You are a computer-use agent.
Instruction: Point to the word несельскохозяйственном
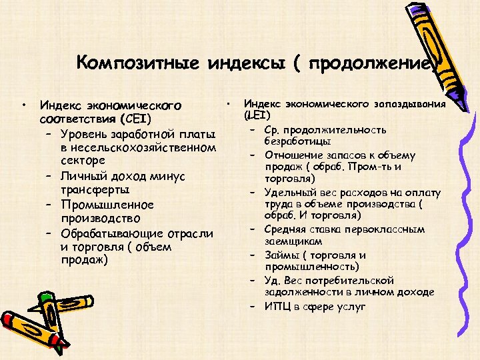(x=138, y=147)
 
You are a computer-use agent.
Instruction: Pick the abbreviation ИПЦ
(x=280, y=306)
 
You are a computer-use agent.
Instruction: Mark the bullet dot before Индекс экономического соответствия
(x=24, y=105)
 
